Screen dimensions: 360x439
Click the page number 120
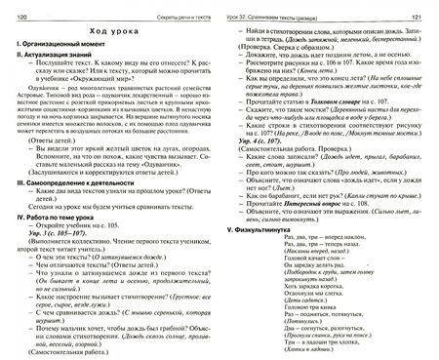pyautogui.click(x=19, y=8)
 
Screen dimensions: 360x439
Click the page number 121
pyautogui.click(x=419, y=8)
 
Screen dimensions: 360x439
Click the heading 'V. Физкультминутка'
pyautogui.click(x=264, y=229)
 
